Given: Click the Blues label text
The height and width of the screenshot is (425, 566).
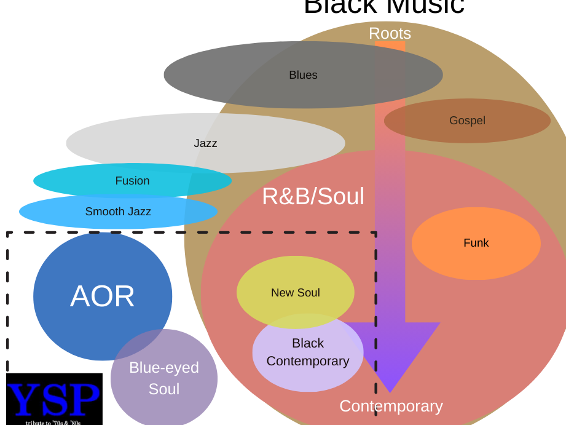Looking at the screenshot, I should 303,75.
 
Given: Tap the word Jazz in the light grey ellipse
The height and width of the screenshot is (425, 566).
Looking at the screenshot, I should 205,143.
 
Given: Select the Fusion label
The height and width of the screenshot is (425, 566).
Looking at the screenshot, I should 132,181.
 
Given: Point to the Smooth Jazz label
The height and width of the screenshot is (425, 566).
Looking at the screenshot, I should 118,212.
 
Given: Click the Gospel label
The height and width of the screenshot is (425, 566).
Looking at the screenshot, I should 467,121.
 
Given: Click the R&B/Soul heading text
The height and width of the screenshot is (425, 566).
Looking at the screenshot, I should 313,196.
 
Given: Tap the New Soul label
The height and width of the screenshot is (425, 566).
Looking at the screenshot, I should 296,293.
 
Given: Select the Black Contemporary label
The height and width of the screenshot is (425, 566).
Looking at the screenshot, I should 308,352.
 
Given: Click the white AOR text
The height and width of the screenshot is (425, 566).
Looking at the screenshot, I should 103,296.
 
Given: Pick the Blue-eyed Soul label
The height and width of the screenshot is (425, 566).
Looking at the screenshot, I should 164,378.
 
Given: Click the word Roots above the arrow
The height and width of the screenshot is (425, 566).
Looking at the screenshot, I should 390,33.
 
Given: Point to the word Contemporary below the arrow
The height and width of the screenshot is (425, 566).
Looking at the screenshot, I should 391,406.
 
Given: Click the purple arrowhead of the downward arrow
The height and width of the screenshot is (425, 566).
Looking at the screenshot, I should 391,351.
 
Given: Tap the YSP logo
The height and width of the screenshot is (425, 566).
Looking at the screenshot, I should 54,399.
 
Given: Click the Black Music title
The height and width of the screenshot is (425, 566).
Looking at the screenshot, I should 384,6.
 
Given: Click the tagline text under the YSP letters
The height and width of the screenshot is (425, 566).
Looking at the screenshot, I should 53,423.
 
